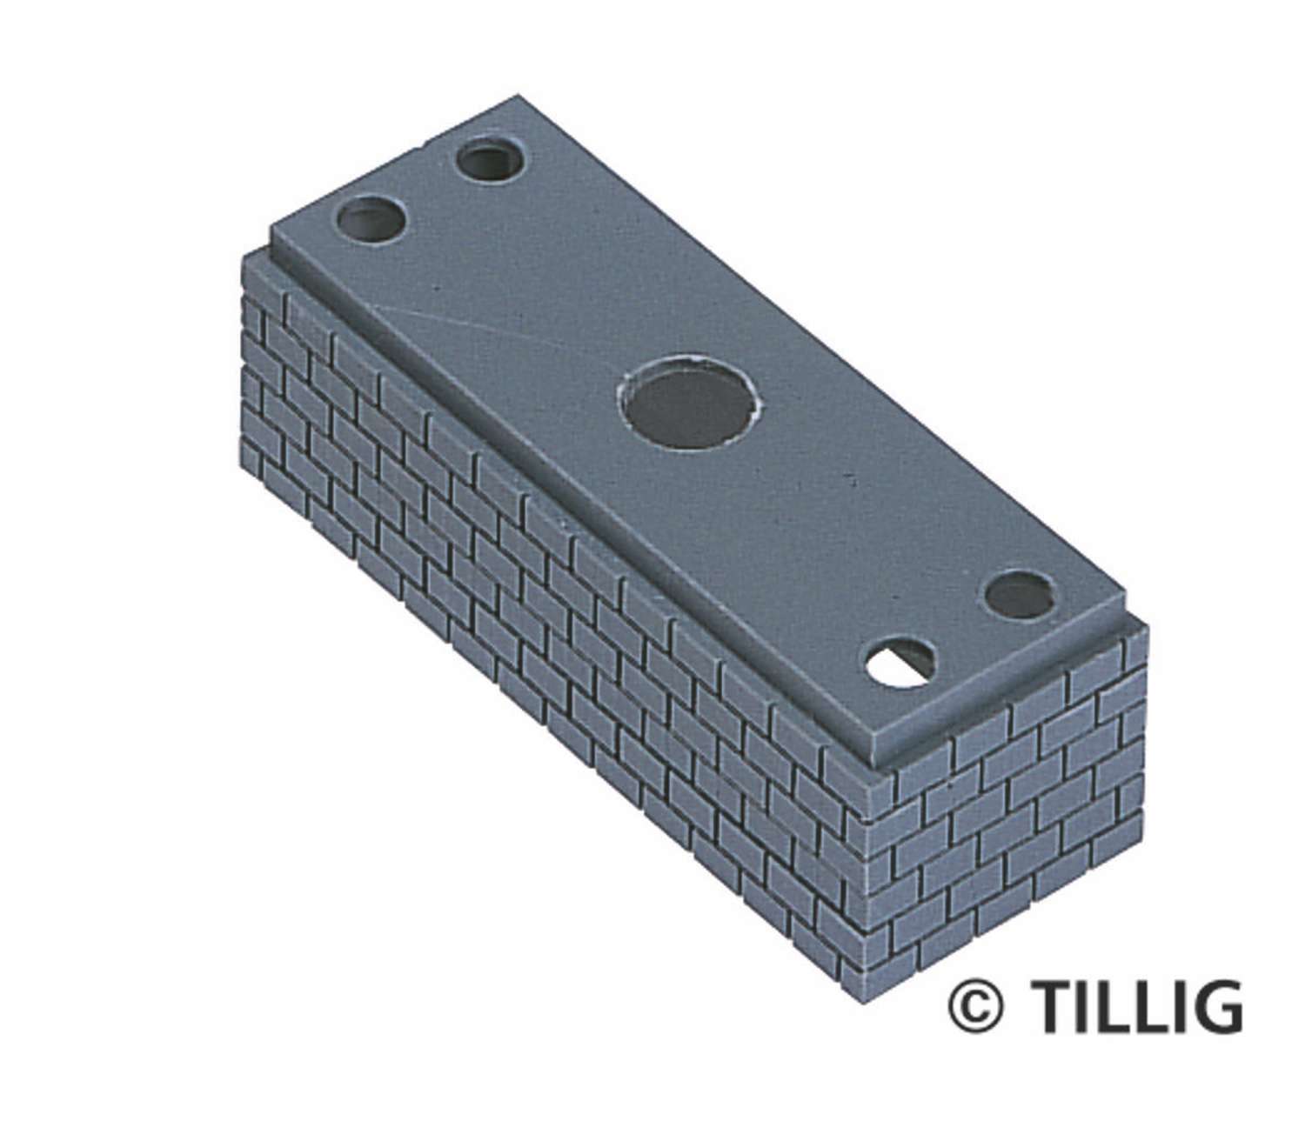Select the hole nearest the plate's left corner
pos(371,220)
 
